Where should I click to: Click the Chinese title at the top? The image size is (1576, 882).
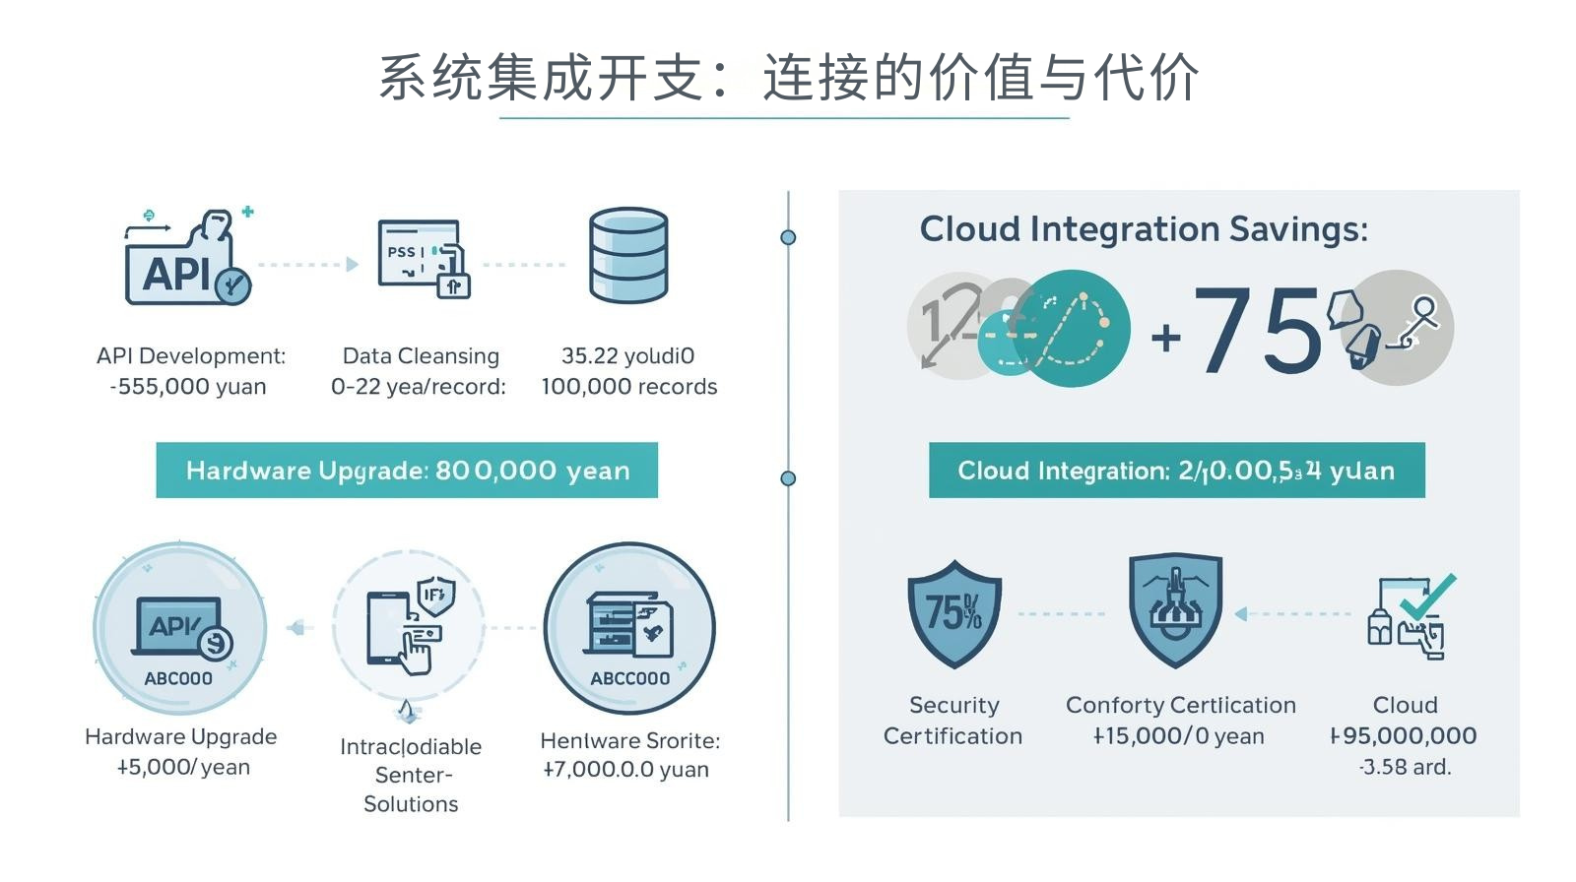coord(788,78)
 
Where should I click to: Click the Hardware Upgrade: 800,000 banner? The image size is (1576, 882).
coord(407,471)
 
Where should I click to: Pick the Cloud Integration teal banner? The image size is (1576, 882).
coord(1176,471)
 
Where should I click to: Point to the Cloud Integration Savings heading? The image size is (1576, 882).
coord(1144,229)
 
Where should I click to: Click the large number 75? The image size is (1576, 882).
coord(1257,331)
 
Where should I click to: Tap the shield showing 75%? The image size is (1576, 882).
coord(953,612)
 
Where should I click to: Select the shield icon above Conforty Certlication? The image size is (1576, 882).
coord(1175,608)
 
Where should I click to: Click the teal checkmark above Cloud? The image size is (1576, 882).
coord(1427,595)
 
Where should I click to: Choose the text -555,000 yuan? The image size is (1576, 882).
coord(188,387)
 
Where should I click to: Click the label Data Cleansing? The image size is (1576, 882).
coord(421,356)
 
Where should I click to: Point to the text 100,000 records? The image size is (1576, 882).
coord(628,387)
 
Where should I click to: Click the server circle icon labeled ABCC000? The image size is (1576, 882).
coord(629,628)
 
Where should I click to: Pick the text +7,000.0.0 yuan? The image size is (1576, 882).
coord(625,770)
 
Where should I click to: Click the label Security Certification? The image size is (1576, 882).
coord(952,721)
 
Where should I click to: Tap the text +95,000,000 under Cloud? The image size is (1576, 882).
coord(1404,736)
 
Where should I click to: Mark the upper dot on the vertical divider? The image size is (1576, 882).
coord(788,237)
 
